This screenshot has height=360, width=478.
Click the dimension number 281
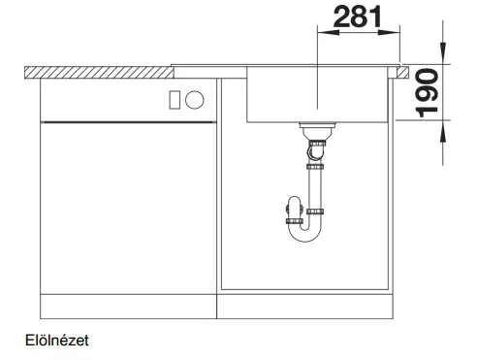click(x=358, y=16)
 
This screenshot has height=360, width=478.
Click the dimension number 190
click(x=427, y=93)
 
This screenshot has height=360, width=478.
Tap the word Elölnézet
click(x=57, y=341)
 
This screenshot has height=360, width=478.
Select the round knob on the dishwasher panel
click(x=195, y=100)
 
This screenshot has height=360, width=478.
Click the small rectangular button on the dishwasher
click(x=175, y=100)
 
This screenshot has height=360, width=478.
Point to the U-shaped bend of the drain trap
click(x=305, y=234)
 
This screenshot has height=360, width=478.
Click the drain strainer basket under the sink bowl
click(x=317, y=131)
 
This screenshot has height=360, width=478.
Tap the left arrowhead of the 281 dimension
click(x=329, y=32)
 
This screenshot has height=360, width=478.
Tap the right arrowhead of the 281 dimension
click(x=389, y=32)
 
